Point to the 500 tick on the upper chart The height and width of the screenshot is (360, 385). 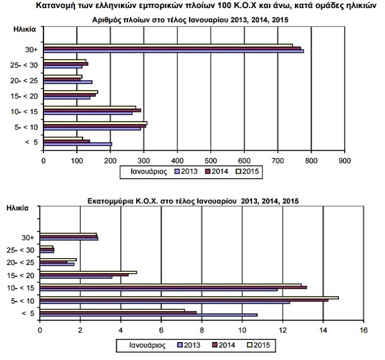pyautogui.click(x=211, y=160)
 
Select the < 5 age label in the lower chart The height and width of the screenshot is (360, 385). pyautogui.click(x=28, y=313)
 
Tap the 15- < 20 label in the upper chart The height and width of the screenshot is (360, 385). pyautogui.click(x=25, y=96)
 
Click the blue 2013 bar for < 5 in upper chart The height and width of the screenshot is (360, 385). pyautogui.click(x=78, y=144)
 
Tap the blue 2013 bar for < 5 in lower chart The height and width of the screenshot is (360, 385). pyautogui.click(x=148, y=315)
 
